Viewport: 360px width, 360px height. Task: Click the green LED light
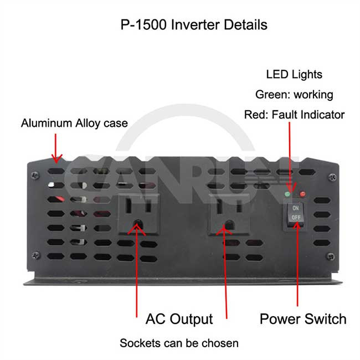[x=287, y=194]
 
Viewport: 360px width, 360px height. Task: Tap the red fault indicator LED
[x=302, y=194]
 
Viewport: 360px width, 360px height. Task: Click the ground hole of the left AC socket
[x=138, y=224]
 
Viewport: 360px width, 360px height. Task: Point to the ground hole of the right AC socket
[x=229, y=224]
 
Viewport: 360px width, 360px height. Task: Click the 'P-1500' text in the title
[x=143, y=24]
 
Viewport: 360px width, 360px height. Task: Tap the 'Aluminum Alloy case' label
[x=74, y=124]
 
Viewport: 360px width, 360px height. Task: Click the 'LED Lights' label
[x=294, y=74]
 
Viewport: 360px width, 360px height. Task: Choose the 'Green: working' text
[x=294, y=95]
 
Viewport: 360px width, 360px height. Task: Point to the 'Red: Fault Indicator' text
[x=294, y=115]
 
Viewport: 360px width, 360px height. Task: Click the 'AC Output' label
[x=179, y=319]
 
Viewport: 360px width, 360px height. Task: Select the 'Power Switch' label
[x=303, y=319]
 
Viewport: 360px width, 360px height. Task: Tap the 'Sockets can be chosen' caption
[x=179, y=343]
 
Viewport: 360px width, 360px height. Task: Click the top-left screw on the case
[x=35, y=176]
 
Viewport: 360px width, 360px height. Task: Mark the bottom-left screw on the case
[x=35, y=255]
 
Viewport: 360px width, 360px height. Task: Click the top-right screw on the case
[x=332, y=177]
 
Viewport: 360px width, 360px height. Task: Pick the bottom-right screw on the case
[x=331, y=256]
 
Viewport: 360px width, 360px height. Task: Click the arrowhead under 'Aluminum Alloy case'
[x=56, y=158]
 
